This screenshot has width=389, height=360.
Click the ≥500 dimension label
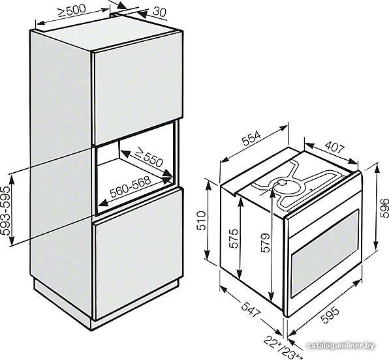coord(72,10)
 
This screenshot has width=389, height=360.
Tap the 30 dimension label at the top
coord(159,12)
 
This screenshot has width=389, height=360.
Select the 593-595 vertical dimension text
coord(6,211)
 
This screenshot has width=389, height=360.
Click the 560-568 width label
coord(131,187)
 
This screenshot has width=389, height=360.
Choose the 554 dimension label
coord(251,138)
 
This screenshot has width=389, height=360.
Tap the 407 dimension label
coord(335,147)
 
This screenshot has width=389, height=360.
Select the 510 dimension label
coord(201,220)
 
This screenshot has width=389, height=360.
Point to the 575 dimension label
coord(233,239)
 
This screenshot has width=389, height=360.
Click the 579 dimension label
coord(265,243)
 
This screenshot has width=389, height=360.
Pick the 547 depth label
coord(251,308)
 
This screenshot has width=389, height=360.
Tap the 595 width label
coord(330,314)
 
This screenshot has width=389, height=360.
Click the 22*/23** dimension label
coord(283,348)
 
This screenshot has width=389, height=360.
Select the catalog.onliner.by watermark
coord(341,346)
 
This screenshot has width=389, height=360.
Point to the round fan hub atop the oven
coord(283,183)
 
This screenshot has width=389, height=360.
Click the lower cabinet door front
coord(138,254)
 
